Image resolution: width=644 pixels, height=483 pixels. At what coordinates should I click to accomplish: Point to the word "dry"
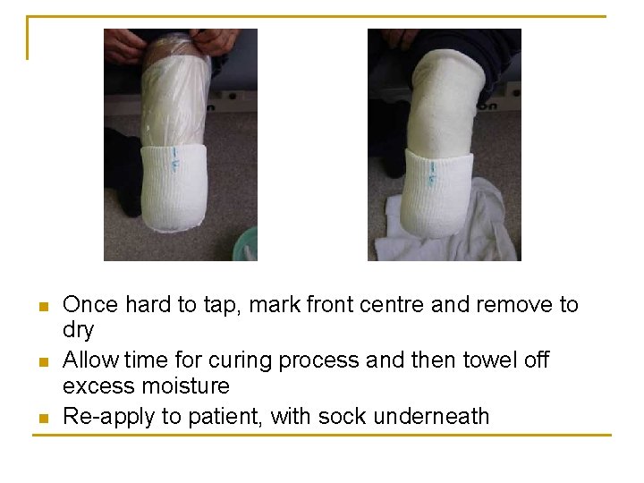78,331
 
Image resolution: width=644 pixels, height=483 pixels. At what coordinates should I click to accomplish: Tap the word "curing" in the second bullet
240,360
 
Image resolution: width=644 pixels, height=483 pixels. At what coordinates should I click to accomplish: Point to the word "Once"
90,305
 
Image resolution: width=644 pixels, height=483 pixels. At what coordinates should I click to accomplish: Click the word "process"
319,361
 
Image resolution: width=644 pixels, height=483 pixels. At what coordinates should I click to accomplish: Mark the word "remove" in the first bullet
509,305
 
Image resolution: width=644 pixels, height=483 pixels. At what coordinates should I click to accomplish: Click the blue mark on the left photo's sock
174,162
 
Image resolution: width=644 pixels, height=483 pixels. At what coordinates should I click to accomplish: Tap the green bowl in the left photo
245,242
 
